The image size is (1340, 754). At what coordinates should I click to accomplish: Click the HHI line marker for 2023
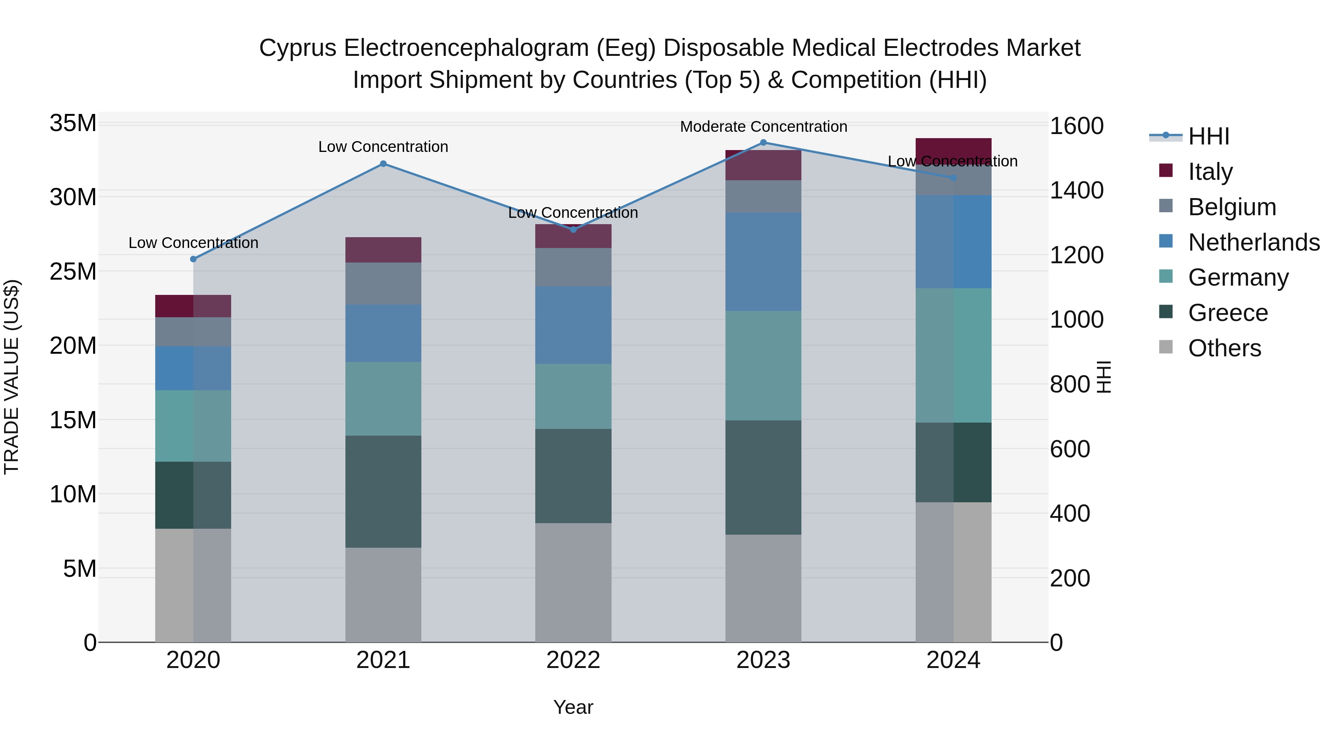pos(763,143)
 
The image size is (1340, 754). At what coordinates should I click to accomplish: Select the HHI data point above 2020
pos(194,259)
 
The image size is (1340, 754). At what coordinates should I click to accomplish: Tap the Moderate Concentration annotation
pos(763,127)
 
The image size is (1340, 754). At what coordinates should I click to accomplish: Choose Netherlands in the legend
pos(1254,242)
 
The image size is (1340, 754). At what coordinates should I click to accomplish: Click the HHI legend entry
pos(1208,136)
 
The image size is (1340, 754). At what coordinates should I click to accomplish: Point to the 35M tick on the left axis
pos(73,124)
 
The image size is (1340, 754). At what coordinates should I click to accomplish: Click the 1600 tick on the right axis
pos(1076,127)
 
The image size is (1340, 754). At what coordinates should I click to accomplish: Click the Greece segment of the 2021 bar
pos(383,492)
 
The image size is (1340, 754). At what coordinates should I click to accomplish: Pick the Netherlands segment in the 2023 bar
pos(763,262)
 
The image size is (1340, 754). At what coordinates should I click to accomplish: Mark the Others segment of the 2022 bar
pos(573,583)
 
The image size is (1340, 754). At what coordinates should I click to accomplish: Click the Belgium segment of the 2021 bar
pos(383,284)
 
